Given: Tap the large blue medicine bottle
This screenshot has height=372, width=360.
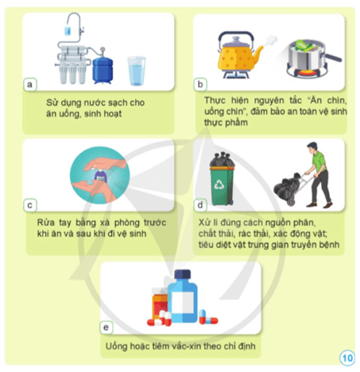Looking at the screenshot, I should pyautogui.click(x=184, y=301).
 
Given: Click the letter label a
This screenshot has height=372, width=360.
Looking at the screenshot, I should pyautogui.click(x=30, y=83).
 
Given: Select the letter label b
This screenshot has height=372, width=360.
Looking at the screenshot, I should pyautogui.click(x=200, y=83).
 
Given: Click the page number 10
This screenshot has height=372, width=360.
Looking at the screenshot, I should pyautogui.click(x=347, y=358).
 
